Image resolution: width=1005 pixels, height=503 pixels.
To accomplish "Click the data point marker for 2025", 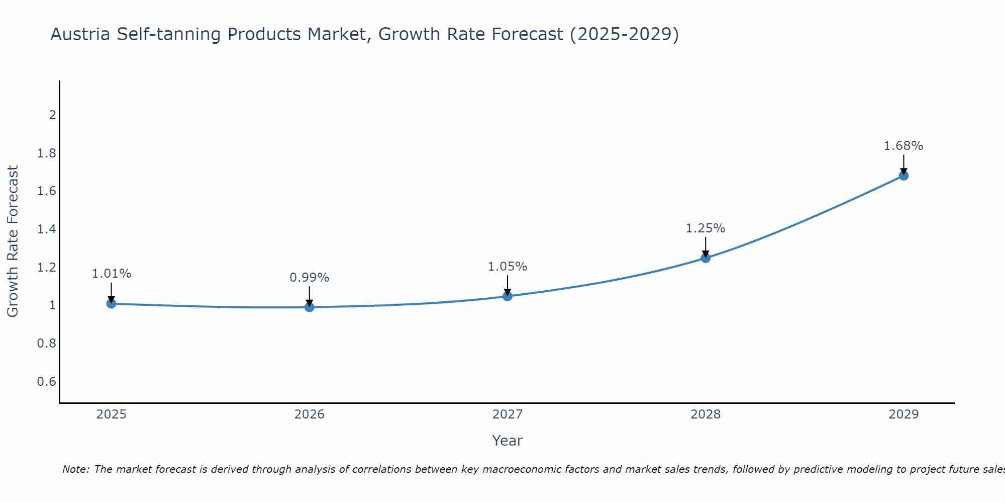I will pyautogui.click(x=111, y=304).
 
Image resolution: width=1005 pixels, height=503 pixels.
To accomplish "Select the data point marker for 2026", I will pyautogui.click(x=310, y=307).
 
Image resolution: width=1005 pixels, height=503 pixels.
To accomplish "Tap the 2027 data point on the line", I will pyautogui.click(x=508, y=296).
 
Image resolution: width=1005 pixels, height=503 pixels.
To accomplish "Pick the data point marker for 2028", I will pyautogui.click(x=706, y=258).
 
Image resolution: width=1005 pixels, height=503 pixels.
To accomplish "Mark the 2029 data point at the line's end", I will pyautogui.click(x=903, y=176).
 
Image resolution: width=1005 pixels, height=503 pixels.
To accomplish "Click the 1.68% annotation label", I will pyautogui.click(x=903, y=146).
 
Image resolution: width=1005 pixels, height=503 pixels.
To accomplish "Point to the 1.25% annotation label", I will pyautogui.click(x=706, y=228).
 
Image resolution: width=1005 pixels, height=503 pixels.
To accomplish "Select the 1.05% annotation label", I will pyautogui.click(x=508, y=267).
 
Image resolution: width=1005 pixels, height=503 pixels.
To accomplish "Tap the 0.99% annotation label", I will pyautogui.click(x=310, y=278).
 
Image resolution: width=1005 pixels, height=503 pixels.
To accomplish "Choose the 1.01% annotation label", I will pyautogui.click(x=111, y=274).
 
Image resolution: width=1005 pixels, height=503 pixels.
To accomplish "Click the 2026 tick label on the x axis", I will pyautogui.click(x=310, y=414).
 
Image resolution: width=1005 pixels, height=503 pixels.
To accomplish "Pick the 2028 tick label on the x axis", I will pyautogui.click(x=706, y=414).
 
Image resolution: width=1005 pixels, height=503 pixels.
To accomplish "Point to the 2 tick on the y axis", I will pyautogui.click(x=52, y=115).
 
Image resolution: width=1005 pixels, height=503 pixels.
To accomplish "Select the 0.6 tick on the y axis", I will pyautogui.click(x=46, y=382).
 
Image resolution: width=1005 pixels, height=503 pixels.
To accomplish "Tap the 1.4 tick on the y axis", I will pyautogui.click(x=46, y=229).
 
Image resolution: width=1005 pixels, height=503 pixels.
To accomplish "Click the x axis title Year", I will pyautogui.click(x=508, y=441).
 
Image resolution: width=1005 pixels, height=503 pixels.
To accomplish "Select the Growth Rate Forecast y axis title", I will pyautogui.click(x=13, y=241).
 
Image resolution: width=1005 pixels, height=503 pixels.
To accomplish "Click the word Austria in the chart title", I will pyautogui.click(x=80, y=35).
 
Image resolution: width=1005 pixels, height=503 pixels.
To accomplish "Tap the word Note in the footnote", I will pyautogui.click(x=75, y=469).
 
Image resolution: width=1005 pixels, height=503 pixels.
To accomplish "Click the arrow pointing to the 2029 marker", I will pyautogui.click(x=903, y=163).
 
